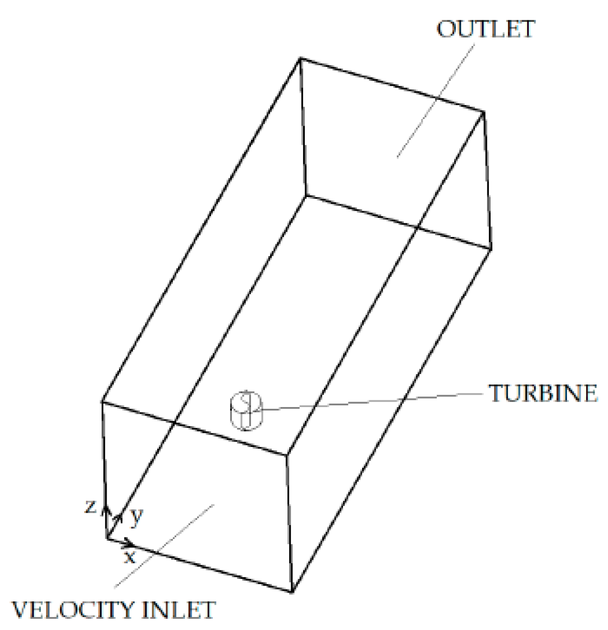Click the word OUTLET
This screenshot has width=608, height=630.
coord(484,29)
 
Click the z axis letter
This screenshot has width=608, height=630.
coord(90,507)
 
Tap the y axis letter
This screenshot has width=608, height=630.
coord(135,517)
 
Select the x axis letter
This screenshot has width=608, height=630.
coord(130,557)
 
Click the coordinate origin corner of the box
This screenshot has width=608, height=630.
coord(107,538)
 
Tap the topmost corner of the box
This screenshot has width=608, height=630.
coord(301,58)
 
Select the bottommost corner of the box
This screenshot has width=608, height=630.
coord(292,592)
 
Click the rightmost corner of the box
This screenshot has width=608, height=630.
coord(491,248)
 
